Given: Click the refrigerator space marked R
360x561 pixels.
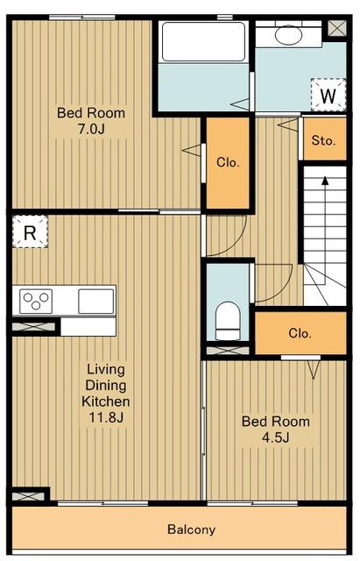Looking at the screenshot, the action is (x=30, y=231).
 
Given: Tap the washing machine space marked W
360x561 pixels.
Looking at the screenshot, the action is (x=328, y=95).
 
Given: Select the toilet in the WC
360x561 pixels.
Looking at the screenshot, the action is (x=228, y=321).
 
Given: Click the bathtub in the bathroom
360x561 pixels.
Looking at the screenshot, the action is (x=203, y=42).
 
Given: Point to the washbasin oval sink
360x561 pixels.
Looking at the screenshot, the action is (x=288, y=35).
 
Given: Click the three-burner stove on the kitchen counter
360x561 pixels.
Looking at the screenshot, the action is (x=36, y=301).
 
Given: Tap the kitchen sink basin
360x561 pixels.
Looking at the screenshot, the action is (x=95, y=301).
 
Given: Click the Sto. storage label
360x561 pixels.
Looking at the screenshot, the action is (x=323, y=140).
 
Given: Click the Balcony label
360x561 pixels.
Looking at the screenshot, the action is (x=192, y=529).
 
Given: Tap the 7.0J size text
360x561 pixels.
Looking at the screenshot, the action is (x=91, y=129).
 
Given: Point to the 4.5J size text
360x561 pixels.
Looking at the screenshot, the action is (x=275, y=437).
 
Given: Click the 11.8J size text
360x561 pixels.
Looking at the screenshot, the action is (x=106, y=417).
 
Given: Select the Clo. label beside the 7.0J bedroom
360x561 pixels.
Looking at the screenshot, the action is (x=228, y=162).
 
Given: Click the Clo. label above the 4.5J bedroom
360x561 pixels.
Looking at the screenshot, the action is (x=300, y=333).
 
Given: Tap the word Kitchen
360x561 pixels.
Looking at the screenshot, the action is (x=106, y=401).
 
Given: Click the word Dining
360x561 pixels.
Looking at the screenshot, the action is (x=106, y=386).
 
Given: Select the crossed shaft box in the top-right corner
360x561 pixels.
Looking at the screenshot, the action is (x=337, y=28).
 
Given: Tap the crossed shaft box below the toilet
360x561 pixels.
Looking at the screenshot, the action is (x=228, y=351).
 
